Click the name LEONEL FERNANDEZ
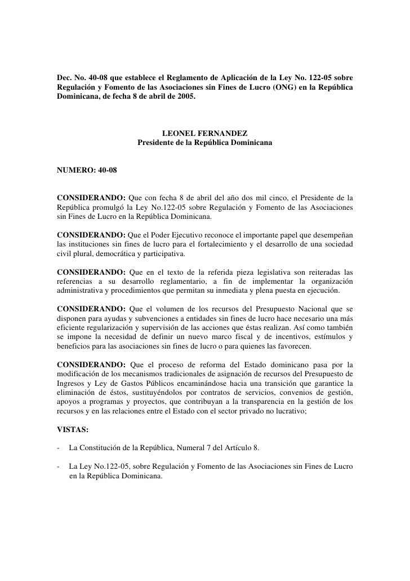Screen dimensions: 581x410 pos(204,134)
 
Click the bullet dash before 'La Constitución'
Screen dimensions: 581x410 pos(59,448)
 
